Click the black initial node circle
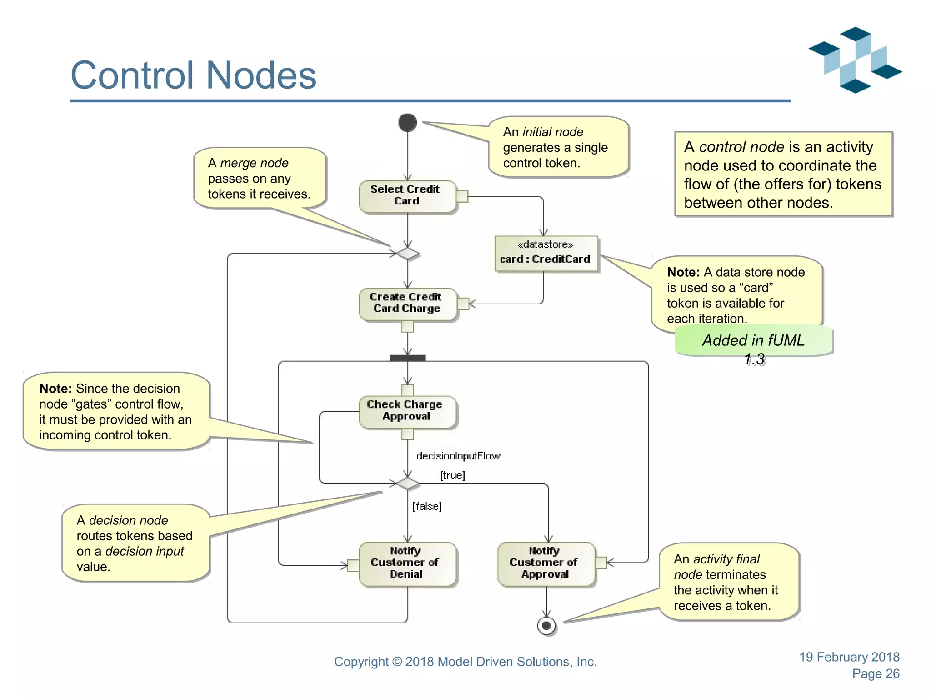pyautogui.click(x=407, y=122)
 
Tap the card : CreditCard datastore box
pyautogui.click(x=546, y=253)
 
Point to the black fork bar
pyautogui.click(x=407, y=358)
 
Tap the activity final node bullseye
pyautogui.click(x=546, y=626)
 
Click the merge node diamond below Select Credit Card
pyautogui.click(x=407, y=254)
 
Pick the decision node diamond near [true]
pyautogui.click(x=407, y=483)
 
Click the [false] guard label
pyautogui.click(x=427, y=506)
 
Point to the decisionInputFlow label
pyautogui.click(x=458, y=456)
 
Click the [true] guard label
pyautogui.click(x=452, y=475)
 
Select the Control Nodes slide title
pyautogui.click(x=193, y=75)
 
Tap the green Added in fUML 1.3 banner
pyautogui.click(x=753, y=341)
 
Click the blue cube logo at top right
pyautogui.click(x=855, y=60)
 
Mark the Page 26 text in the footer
pyautogui.click(x=875, y=674)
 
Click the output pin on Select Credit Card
pyautogui.click(x=462, y=196)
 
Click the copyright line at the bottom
pyautogui.click(x=465, y=662)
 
